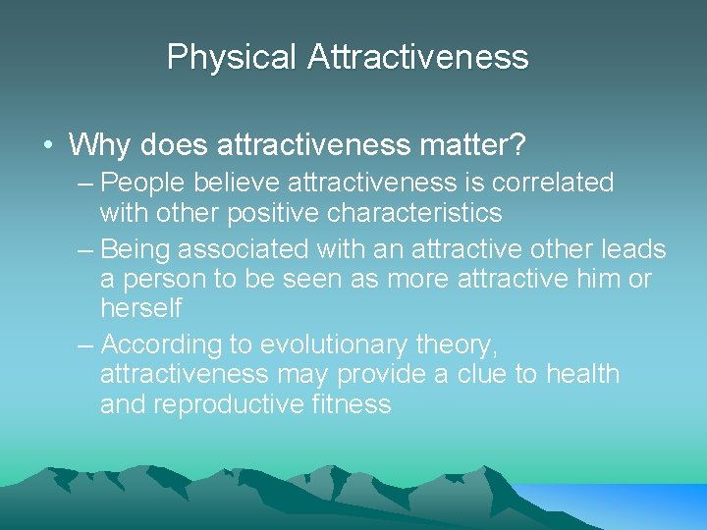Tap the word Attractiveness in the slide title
(x=417, y=57)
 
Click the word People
(x=143, y=183)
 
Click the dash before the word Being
(x=86, y=249)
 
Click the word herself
(x=141, y=308)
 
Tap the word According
(x=161, y=344)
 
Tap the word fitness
(x=353, y=404)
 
